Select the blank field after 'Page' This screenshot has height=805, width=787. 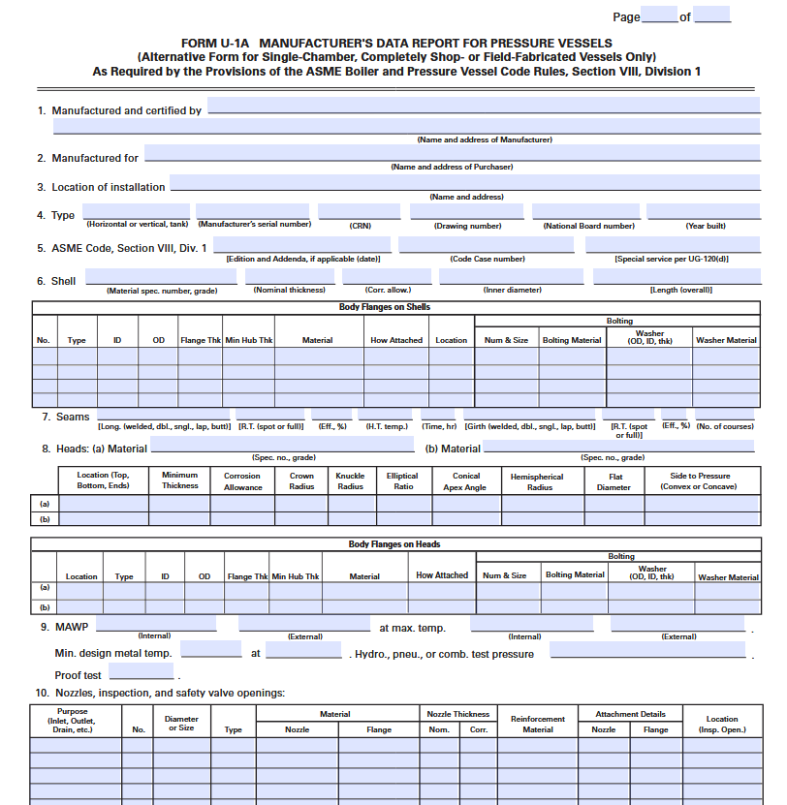(659, 15)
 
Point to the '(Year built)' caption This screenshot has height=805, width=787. (706, 226)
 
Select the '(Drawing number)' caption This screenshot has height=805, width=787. (468, 226)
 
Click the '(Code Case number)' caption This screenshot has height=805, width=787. (488, 259)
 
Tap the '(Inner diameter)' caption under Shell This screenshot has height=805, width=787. (513, 290)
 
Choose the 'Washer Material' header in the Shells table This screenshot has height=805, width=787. (726, 340)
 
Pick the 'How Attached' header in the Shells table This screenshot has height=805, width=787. (396, 340)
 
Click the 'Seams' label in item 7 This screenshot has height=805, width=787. (73, 417)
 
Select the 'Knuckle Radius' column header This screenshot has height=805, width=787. (350, 481)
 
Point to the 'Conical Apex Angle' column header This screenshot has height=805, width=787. (466, 481)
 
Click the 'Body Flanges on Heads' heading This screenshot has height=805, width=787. (394, 544)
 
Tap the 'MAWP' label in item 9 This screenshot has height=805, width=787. (72, 627)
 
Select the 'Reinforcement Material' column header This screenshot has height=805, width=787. (538, 724)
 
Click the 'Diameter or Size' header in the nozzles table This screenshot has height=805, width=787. (181, 724)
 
